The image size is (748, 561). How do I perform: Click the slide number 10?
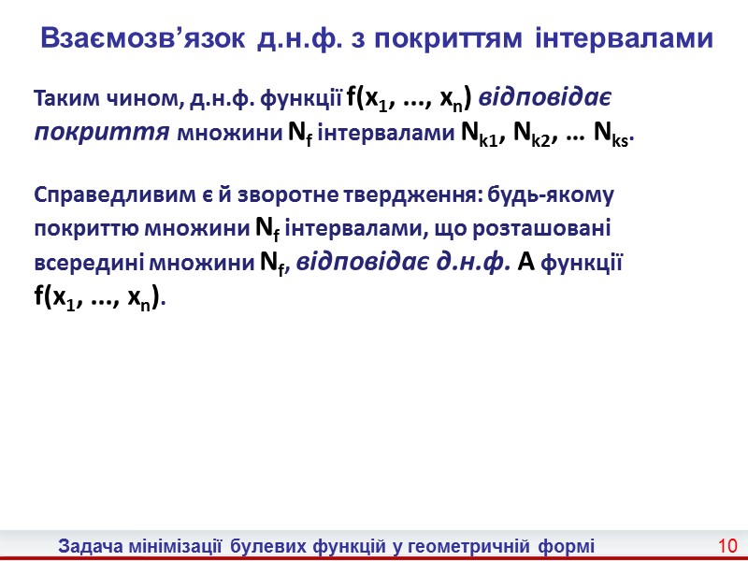pos(728,545)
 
